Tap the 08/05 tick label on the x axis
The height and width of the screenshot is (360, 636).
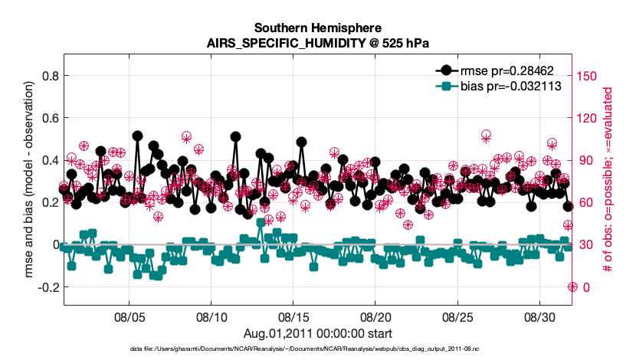tap(129, 317)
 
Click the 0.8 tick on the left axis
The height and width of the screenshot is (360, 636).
tap(50, 76)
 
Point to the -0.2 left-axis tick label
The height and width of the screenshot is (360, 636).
tap(48, 286)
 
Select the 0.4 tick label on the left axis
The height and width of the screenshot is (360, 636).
tap(50, 160)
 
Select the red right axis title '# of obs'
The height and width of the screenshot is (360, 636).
tap(607, 181)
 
